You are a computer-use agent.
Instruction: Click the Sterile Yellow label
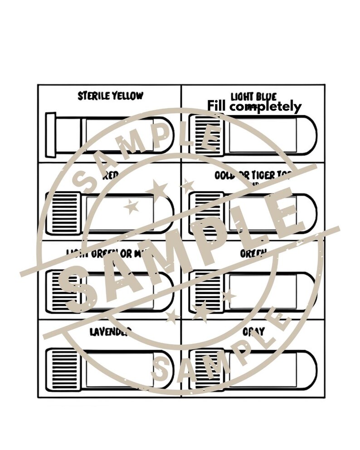(110, 96)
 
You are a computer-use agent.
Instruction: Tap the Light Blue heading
(253, 97)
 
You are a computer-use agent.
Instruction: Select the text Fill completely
(254, 106)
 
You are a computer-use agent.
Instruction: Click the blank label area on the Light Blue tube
(262, 134)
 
